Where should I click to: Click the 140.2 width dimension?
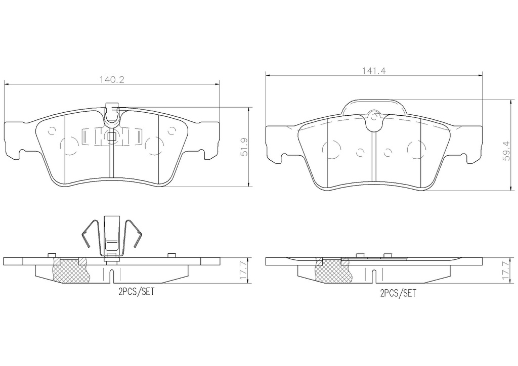(112, 79)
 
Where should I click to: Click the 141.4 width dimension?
(374, 71)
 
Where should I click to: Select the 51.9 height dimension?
(244, 147)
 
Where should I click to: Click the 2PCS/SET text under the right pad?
(398, 293)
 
